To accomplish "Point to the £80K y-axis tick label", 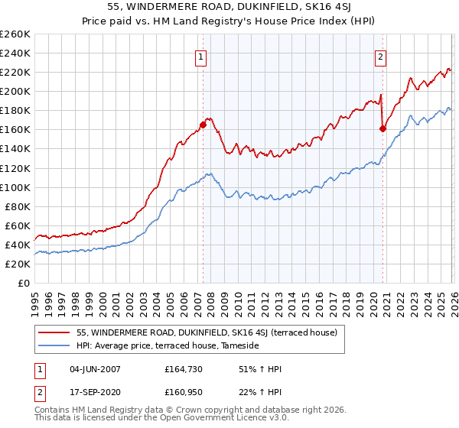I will coord(17,206).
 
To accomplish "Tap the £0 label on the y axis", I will coord(24,283).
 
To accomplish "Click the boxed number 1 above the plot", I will coord(200,56).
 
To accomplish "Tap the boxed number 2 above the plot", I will coord(380,56).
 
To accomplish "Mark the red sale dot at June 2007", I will coord(203,125).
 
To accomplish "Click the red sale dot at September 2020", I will coord(382,128).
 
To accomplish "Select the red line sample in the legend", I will coord(54,332).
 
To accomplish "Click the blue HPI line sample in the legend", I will coord(54,345).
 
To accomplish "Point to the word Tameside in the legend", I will coord(239,345).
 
